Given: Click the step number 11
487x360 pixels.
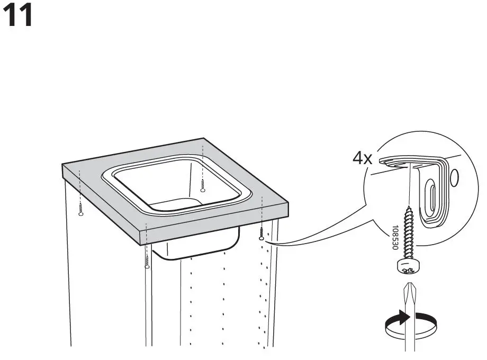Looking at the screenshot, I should [19, 16].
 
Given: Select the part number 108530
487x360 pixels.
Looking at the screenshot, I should [395, 238].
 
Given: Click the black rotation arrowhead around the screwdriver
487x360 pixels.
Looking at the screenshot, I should [405, 318].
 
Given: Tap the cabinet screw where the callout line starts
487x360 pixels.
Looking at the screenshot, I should [262, 235].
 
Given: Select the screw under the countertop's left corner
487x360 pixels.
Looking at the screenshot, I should [80, 210].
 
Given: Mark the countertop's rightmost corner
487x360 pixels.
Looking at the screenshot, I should [289, 204].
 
